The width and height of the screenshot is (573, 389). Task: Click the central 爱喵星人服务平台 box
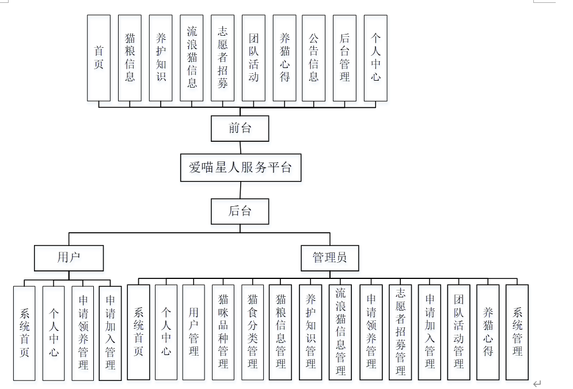(240, 168)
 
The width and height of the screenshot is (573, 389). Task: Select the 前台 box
(240, 128)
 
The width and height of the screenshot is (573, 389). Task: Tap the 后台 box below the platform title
(240, 211)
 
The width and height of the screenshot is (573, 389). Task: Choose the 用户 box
(69, 258)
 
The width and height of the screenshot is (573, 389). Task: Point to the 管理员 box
(329, 258)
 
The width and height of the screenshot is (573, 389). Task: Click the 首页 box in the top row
(98, 58)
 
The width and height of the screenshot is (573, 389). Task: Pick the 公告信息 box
(313, 58)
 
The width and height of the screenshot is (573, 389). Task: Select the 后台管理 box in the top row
(344, 58)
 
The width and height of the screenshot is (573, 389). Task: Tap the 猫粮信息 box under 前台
(130, 58)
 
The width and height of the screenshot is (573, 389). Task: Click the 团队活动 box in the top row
(253, 58)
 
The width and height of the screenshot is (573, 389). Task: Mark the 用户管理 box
(194, 332)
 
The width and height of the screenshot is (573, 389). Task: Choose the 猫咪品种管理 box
(223, 332)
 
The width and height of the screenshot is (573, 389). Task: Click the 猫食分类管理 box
(252, 332)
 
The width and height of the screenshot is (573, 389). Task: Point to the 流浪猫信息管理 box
(341, 332)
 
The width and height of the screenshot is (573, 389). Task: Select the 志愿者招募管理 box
(400, 332)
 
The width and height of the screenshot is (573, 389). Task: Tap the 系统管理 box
(517, 332)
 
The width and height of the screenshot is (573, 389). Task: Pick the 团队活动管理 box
(459, 332)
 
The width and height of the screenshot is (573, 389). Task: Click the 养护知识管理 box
(311, 332)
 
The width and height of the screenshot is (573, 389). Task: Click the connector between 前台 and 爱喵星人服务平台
(240, 148)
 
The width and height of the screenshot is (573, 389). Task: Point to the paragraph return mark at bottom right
(537, 383)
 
